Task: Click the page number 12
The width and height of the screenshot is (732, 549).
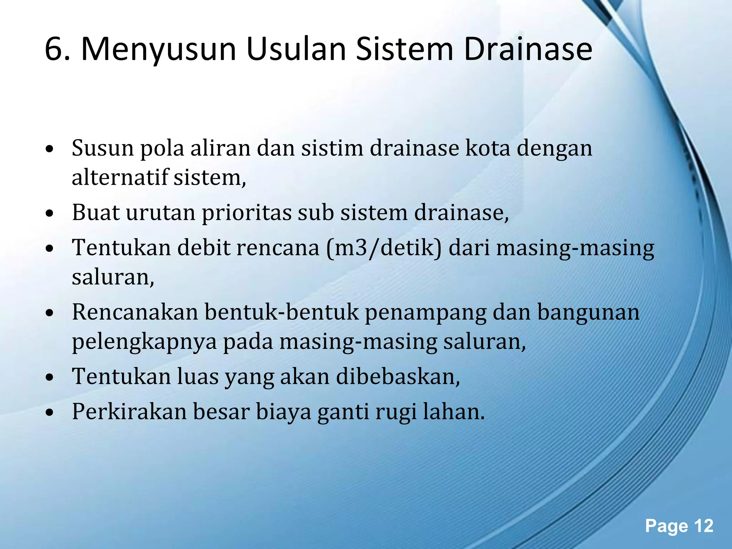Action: tap(703, 526)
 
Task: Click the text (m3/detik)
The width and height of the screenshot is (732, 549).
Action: tap(384, 248)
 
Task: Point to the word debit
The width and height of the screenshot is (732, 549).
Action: tap(204, 248)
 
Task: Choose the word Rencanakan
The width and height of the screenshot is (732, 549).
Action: tap(135, 312)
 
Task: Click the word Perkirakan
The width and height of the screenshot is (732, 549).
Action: tap(129, 411)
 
